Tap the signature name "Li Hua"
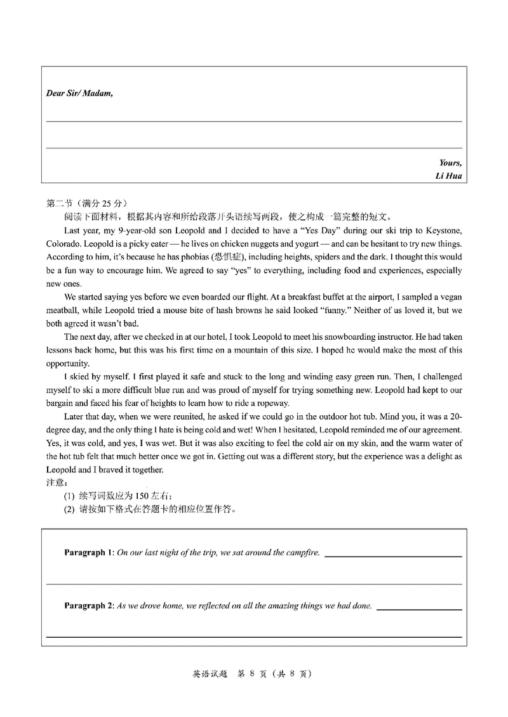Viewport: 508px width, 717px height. tap(448, 176)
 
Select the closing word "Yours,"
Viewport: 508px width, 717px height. tap(450, 163)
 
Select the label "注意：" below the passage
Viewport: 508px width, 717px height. tap(56, 482)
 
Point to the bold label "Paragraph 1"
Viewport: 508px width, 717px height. tap(88, 553)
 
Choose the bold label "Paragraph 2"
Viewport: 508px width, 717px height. tap(88, 606)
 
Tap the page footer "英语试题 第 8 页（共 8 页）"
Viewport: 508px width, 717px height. tap(253, 675)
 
